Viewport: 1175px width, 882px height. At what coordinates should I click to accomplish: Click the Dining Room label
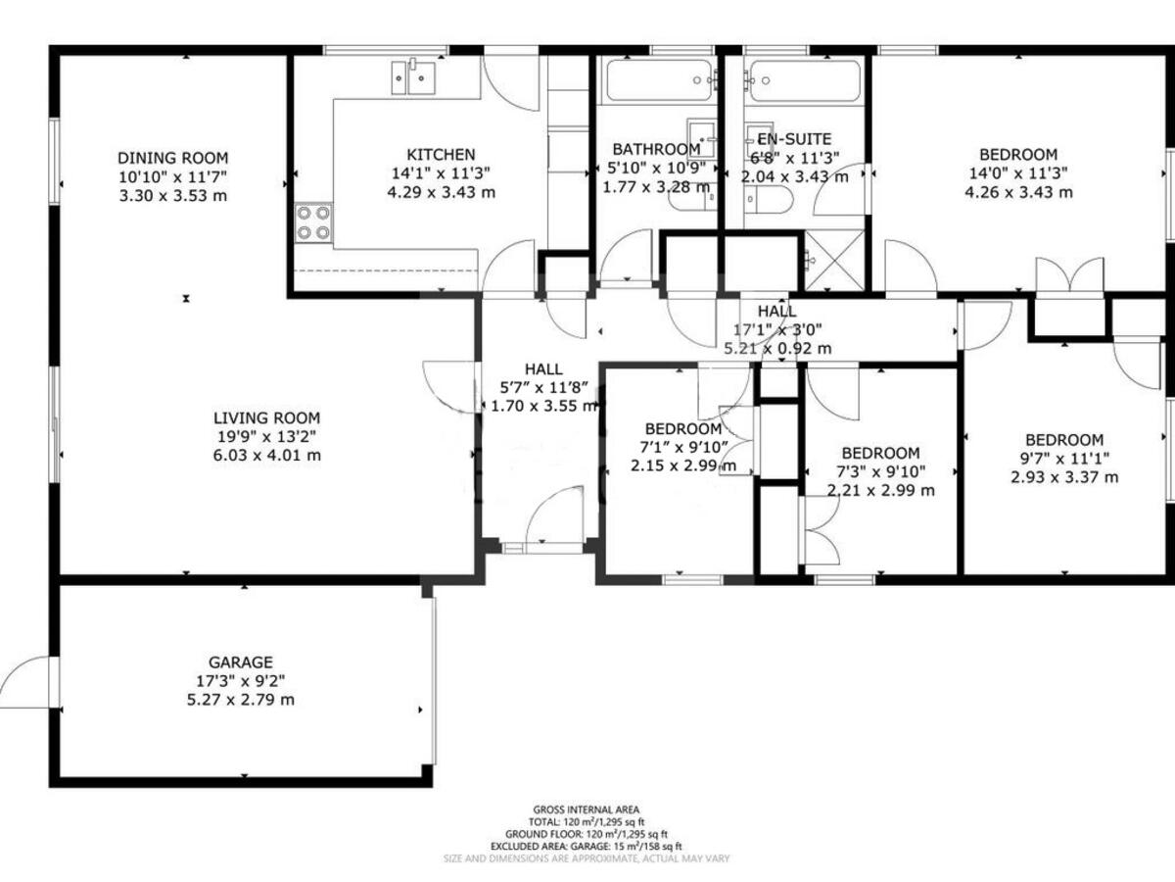[172, 158]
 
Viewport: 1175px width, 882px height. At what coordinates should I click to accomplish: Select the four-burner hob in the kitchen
[313, 222]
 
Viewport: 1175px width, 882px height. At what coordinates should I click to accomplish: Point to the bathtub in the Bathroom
[657, 79]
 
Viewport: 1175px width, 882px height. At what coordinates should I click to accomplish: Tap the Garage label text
[240, 662]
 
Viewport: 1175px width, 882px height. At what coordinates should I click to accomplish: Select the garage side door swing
[27, 682]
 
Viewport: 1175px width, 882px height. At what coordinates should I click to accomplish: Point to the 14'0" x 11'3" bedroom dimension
[1018, 173]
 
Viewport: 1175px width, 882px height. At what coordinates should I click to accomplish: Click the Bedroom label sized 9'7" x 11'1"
[1063, 440]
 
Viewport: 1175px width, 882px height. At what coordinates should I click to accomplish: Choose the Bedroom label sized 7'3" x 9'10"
[880, 453]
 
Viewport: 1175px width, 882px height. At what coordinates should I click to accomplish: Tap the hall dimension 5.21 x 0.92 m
[777, 348]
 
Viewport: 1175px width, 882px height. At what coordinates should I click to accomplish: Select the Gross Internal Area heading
[587, 809]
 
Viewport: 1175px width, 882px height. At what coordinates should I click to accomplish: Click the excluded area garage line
[587, 846]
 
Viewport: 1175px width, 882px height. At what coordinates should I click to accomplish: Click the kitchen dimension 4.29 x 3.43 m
[441, 192]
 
